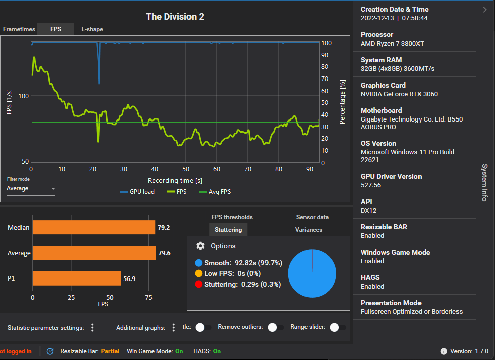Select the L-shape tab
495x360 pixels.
click(92, 29)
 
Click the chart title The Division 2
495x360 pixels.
click(175, 17)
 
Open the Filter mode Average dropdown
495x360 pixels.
click(31, 188)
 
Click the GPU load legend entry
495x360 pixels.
click(137, 192)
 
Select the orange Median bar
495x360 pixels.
click(94, 227)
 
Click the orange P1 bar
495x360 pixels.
click(77, 278)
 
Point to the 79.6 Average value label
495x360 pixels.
click(164, 253)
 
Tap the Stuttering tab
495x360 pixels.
click(228, 230)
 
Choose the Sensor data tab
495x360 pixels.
click(312, 217)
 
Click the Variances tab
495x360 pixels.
click(309, 230)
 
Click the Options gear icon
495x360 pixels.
click(200, 246)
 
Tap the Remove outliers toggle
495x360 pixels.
click(275, 327)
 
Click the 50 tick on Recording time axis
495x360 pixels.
click(186, 169)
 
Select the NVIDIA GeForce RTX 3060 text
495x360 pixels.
click(399, 94)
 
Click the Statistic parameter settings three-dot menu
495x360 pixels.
click(92, 328)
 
